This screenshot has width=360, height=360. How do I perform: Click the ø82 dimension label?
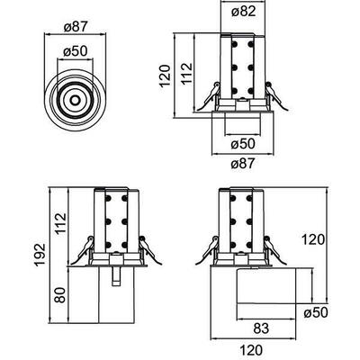pos(238,13)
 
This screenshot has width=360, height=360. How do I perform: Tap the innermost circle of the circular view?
pos(76,95)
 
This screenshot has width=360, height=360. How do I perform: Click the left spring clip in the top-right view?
pos(208,94)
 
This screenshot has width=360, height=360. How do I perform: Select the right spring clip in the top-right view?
pos(269,94)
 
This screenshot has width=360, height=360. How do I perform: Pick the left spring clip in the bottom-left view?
pos(84,246)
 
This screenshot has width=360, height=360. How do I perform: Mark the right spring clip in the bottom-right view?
pos(270,246)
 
